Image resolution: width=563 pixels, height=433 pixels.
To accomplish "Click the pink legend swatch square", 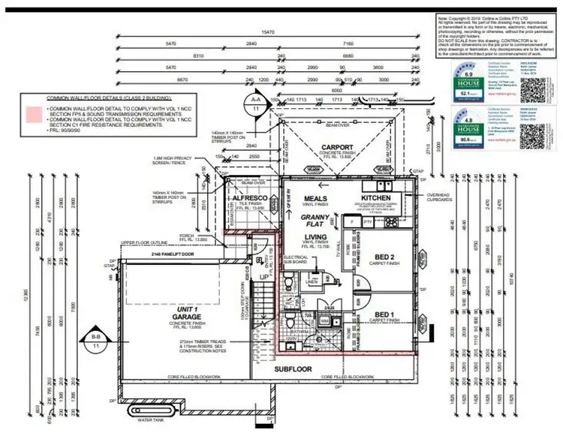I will tap(32, 114).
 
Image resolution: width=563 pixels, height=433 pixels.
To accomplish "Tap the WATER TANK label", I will tap(151, 420).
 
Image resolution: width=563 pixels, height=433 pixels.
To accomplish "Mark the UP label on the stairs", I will tap(263, 277).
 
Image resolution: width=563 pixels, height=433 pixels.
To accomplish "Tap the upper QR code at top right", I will tap(534, 78).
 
